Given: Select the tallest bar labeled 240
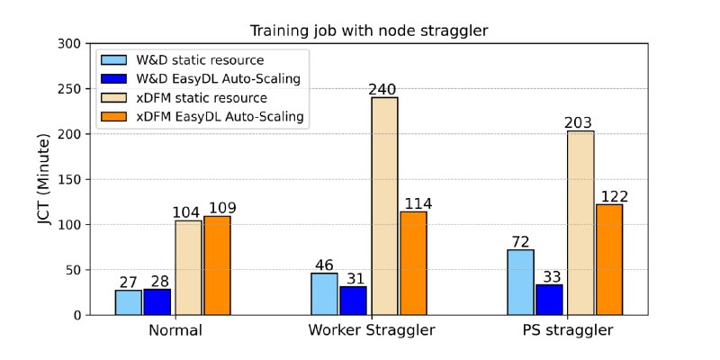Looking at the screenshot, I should (x=384, y=206).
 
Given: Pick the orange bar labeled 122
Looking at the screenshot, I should (x=609, y=259).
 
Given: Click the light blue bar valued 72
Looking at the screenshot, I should (x=519, y=283).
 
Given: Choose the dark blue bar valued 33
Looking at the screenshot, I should (x=549, y=300).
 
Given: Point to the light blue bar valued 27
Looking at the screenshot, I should (x=129, y=302).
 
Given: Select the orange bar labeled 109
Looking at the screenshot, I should (x=217, y=265).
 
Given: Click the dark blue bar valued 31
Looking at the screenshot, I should (x=354, y=301).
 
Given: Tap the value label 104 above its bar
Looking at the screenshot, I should (x=188, y=212).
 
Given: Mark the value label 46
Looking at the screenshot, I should (x=325, y=265).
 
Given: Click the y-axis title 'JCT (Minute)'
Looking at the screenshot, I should (x=42, y=178).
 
